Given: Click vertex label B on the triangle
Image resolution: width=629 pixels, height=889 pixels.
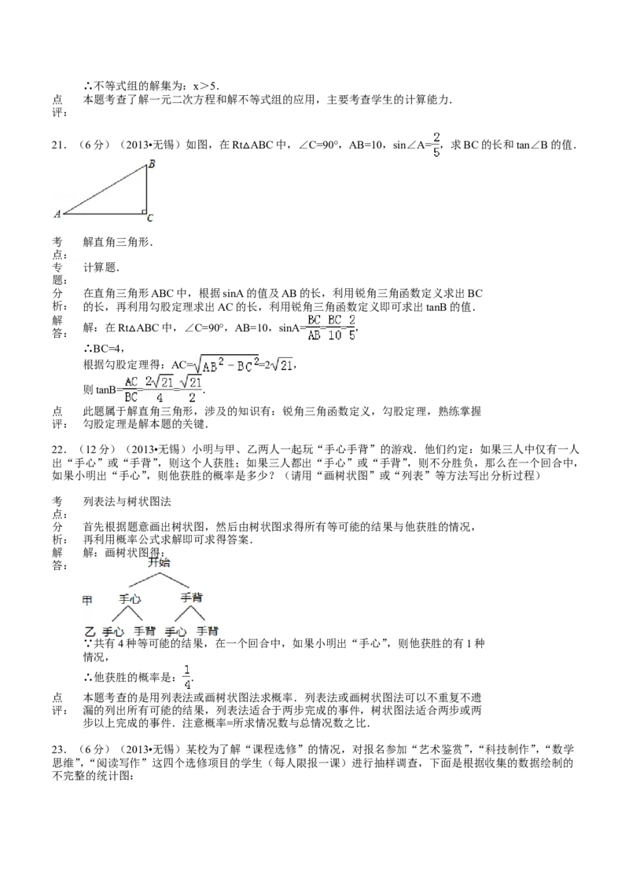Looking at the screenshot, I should pyautogui.click(x=151, y=164).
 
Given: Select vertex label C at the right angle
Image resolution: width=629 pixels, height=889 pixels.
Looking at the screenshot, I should pyautogui.click(x=149, y=218).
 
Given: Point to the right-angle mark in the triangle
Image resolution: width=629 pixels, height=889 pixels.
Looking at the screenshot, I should pyautogui.click(x=144, y=210).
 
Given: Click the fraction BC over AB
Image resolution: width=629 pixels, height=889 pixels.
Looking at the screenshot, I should pyautogui.click(x=314, y=327).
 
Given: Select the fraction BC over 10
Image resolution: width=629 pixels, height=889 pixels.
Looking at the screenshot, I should pyautogui.click(x=335, y=327).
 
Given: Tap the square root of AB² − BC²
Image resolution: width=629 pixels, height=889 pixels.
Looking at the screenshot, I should pyautogui.click(x=229, y=365).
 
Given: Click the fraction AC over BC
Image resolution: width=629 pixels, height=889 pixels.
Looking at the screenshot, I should pyautogui.click(x=131, y=390).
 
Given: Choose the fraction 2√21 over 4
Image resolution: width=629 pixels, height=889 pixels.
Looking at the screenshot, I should pyautogui.click(x=160, y=390).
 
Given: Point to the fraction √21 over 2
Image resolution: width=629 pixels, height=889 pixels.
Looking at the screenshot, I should pyautogui.click(x=190, y=390).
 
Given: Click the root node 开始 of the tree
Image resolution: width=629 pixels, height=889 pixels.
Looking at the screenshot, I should pyautogui.click(x=160, y=562).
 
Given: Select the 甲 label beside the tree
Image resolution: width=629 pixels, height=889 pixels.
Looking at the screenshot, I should pyautogui.click(x=88, y=600).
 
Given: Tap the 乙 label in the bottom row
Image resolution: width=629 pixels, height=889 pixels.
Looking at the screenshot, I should pyautogui.click(x=90, y=631).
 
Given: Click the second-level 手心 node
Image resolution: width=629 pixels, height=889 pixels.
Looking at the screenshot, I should pyautogui.click(x=130, y=598).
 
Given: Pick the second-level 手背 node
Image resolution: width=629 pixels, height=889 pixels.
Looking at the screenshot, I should pyautogui.click(x=192, y=598).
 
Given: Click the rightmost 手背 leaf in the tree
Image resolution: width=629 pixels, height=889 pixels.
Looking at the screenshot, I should pyautogui.click(x=208, y=631).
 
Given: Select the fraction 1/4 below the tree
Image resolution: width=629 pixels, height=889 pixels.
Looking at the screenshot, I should pyautogui.click(x=186, y=676).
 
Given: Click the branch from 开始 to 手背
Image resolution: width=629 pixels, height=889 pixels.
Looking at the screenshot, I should pyautogui.click(x=176, y=580).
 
